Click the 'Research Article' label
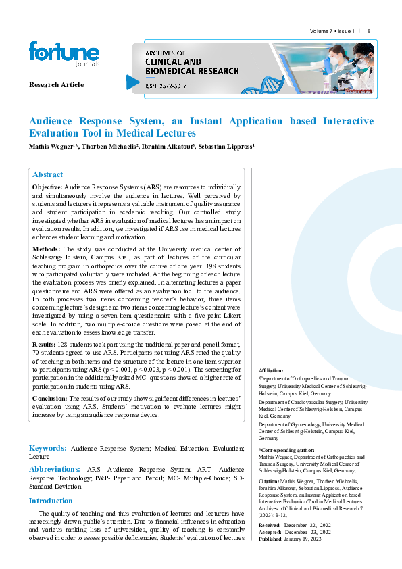(x=56, y=84)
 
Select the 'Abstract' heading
(x=48, y=174)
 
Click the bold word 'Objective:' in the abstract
(x=47, y=186)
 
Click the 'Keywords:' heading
(x=47, y=448)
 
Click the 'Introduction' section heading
(x=50, y=501)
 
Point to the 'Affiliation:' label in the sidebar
(x=272, y=371)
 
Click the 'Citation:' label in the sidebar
(x=270, y=482)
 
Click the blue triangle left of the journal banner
(x=133, y=82)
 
